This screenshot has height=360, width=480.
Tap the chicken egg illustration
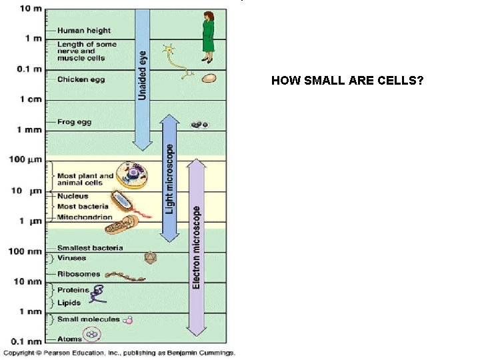pyautogui.click(x=209, y=78)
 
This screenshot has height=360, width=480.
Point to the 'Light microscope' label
pyautogui.click(x=170, y=180)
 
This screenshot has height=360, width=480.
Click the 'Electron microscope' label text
pyautogui.click(x=197, y=247)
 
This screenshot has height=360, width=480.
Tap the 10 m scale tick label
pyautogui.click(x=29, y=9)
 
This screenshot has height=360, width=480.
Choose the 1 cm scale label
pyautogui.click(x=31, y=99)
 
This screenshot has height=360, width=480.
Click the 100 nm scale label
pyautogui.click(x=27, y=251)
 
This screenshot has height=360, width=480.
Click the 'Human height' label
pyautogui.click(x=83, y=31)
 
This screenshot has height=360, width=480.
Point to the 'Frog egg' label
pyautogui.click(x=74, y=122)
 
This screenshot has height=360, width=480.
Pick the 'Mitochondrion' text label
pyautogui.click(x=85, y=217)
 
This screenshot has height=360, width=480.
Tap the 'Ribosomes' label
pyautogui.click(x=79, y=274)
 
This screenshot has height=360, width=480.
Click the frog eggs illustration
pyautogui.click(x=200, y=125)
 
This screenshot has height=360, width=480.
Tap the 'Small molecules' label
pyautogui.click(x=88, y=319)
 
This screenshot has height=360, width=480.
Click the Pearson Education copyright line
pyautogui.click(x=119, y=353)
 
